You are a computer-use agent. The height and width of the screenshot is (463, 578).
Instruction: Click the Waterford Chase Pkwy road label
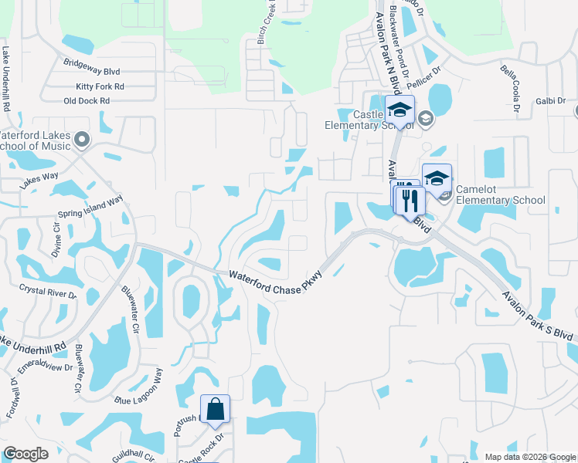click(275, 280)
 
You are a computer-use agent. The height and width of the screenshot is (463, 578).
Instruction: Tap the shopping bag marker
click(215, 409)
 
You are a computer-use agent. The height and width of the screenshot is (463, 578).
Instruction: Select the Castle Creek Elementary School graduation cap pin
click(399, 110)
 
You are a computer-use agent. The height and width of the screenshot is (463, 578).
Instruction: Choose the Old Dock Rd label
click(87, 101)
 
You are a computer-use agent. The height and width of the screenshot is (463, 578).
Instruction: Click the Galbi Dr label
click(550, 101)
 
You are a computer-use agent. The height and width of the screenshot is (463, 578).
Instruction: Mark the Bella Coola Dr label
click(512, 86)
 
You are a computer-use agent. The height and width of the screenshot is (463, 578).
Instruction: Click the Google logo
click(25, 454)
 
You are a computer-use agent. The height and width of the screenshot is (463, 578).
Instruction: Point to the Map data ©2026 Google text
click(529, 456)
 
